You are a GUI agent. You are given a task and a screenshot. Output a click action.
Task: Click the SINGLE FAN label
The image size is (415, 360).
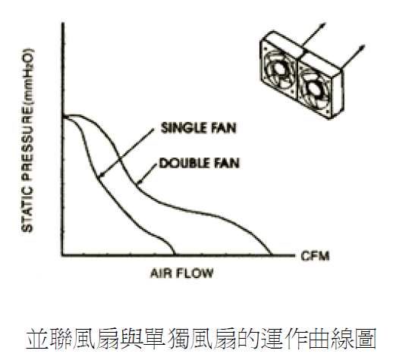(199, 128)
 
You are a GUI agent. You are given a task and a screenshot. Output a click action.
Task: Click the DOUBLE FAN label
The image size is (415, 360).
(200, 163)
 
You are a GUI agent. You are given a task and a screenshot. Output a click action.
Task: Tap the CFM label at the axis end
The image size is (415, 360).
(315, 256)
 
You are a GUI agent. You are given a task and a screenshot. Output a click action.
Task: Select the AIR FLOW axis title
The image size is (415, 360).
(182, 273)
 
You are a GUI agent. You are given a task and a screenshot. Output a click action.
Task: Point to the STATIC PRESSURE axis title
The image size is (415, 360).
(27, 140)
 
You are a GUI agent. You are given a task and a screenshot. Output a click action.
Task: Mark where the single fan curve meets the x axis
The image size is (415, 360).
(174, 255)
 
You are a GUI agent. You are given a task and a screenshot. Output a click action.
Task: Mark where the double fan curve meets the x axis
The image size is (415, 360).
(272, 255)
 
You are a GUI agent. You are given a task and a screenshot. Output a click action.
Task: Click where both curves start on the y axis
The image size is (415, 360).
(63, 117)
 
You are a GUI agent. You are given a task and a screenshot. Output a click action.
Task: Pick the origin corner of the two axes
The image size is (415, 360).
(63, 255)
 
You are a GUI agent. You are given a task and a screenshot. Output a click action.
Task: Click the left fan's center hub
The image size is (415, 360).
(279, 70)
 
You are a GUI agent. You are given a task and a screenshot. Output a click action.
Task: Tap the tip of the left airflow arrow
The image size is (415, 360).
(325, 23)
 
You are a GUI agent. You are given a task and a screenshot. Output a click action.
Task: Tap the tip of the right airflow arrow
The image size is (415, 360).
(364, 46)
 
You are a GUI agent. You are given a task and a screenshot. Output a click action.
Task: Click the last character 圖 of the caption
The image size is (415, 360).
(365, 340)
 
